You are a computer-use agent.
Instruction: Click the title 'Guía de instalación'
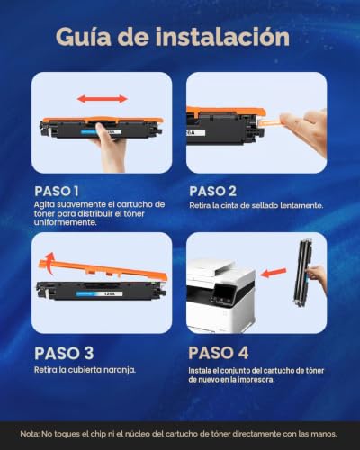click(x=173, y=37)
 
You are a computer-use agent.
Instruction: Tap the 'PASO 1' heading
click(x=57, y=192)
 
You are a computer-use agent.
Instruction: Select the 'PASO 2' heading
click(x=212, y=192)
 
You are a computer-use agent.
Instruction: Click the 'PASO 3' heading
click(x=64, y=353)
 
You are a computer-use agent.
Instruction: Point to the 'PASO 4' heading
click(x=219, y=353)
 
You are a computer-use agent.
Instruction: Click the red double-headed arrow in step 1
click(x=103, y=99)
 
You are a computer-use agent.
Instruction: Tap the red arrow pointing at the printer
click(x=274, y=273)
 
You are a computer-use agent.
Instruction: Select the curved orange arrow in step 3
click(x=48, y=263)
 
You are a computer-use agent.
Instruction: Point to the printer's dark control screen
click(x=222, y=294)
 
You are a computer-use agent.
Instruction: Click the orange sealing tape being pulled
click(x=269, y=123)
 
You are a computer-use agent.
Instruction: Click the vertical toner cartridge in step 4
click(x=303, y=273)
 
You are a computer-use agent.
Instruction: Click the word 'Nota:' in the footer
click(x=30, y=434)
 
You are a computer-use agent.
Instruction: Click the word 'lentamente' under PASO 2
click(x=301, y=206)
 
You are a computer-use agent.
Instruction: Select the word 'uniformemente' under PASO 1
click(x=66, y=222)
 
